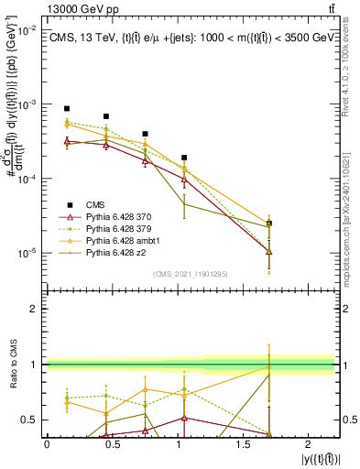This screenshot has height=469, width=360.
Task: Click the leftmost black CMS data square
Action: [x=67, y=108]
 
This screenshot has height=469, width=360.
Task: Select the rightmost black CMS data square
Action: [x=269, y=224]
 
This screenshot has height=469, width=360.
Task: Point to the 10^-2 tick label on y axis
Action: [x=27, y=30]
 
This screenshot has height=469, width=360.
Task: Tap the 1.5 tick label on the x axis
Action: [x=244, y=444]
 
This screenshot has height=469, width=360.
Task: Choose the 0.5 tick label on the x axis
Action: [x=112, y=444]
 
